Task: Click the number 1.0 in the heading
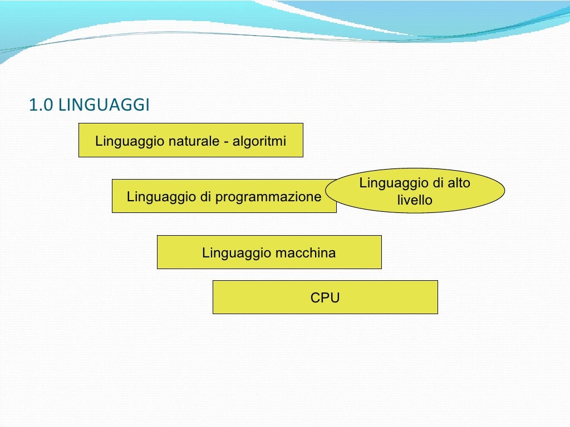[41, 105]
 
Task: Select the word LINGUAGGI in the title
[104, 105]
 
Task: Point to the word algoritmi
[259, 141]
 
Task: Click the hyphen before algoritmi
[227, 142]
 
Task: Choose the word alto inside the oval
[459, 183]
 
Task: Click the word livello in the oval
[415, 200]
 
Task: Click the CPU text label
[325, 298]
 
